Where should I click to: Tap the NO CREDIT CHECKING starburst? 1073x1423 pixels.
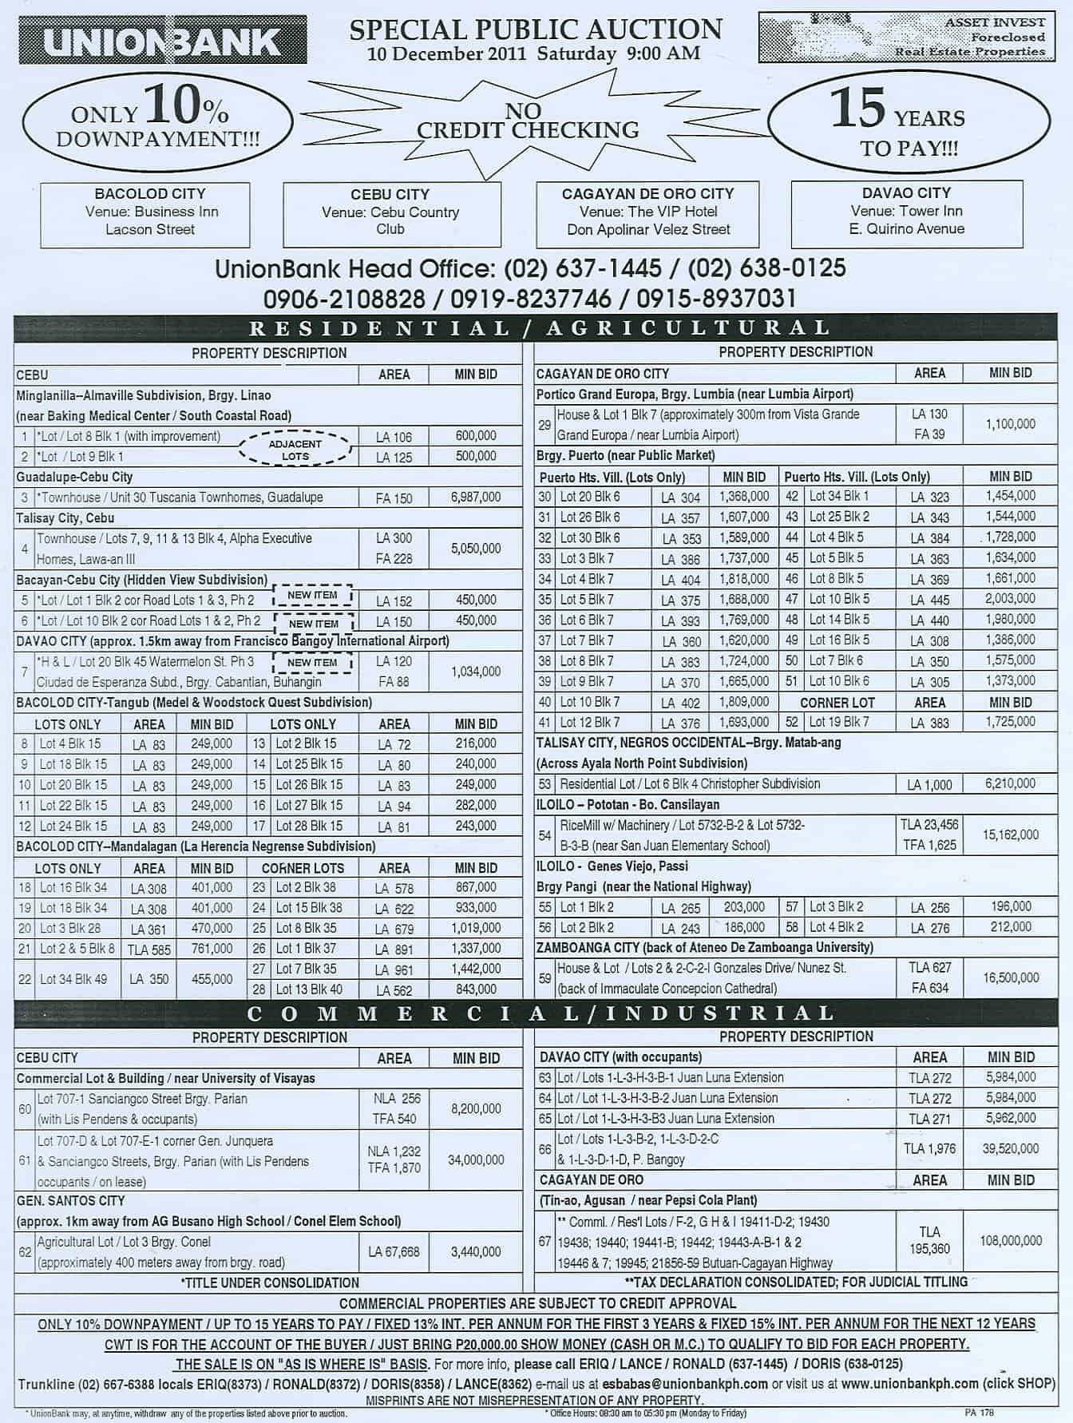pos(528,121)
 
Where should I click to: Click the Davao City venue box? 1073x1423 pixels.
pos(906,212)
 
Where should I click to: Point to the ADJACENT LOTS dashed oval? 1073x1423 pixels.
pos(295,450)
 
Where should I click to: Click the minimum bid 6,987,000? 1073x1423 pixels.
pos(476,497)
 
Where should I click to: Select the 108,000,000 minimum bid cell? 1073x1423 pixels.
pos(1011,1241)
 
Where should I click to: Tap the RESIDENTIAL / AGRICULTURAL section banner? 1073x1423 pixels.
pos(536,328)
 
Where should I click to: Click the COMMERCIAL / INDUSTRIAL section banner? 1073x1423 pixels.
pos(536,1014)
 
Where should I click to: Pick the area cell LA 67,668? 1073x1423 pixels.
pos(394,1252)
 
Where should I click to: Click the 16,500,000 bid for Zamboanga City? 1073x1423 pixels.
pos(1011,977)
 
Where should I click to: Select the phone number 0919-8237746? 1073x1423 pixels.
pos(531,299)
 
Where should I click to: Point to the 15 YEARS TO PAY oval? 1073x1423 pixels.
pos(909,122)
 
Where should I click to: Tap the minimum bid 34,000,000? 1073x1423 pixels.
pos(476,1160)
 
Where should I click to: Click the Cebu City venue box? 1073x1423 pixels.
pos(390,212)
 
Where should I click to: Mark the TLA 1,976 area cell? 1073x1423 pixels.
pos(930,1149)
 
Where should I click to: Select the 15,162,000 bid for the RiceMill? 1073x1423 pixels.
pos(1011,834)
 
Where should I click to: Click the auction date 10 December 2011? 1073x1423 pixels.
pos(448,54)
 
